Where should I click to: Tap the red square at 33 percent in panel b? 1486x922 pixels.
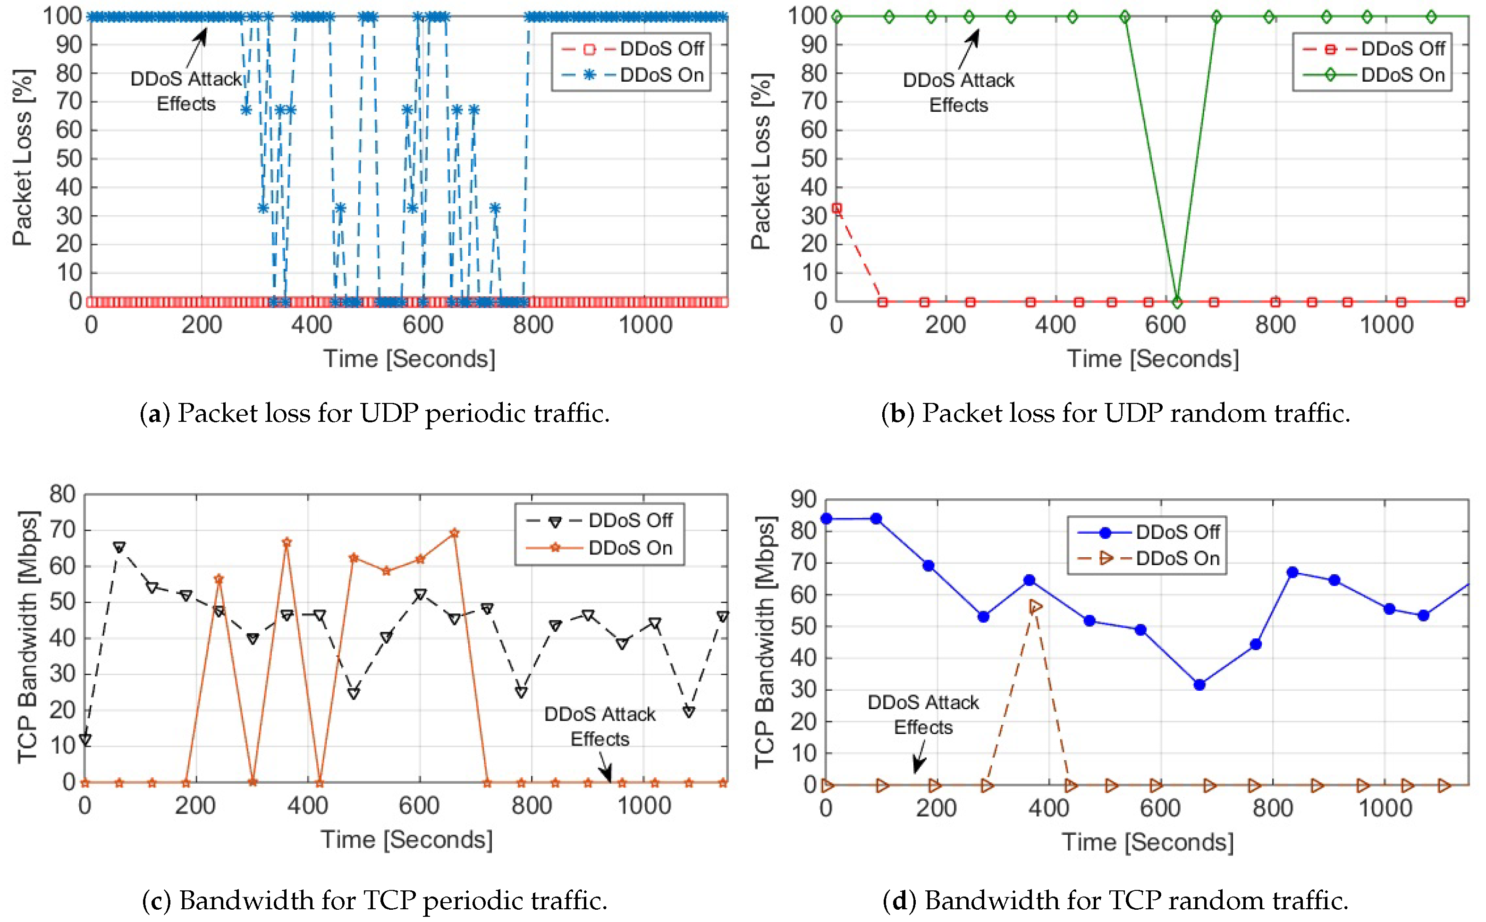(x=837, y=209)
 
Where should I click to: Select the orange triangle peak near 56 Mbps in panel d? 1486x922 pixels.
(x=1035, y=606)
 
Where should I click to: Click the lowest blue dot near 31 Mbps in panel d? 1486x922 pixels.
(x=1199, y=685)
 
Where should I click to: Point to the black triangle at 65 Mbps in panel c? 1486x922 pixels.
(x=119, y=547)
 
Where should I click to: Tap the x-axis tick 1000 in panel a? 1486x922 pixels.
(x=645, y=325)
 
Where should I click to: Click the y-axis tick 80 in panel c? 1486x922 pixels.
(x=62, y=494)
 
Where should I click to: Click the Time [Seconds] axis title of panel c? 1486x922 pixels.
(x=407, y=840)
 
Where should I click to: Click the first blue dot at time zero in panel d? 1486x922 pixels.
(x=827, y=518)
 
